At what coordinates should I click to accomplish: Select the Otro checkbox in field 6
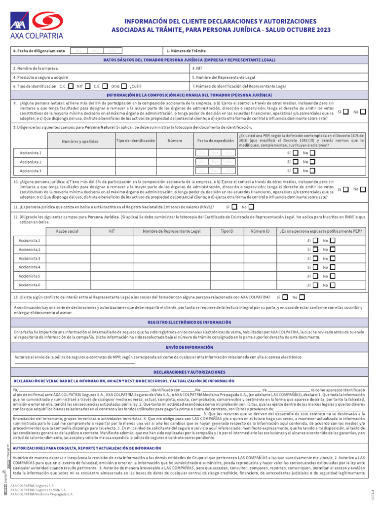click(124, 86)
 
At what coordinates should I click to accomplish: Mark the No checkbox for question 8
click(363, 112)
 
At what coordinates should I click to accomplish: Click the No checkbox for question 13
click(302, 297)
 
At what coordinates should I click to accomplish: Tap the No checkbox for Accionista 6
click(332, 285)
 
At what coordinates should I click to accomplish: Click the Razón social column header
click(67, 231)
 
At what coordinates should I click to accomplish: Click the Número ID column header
click(260, 231)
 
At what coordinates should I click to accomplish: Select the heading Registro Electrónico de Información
click(189, 322)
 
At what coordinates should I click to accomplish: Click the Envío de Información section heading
click(189, 347)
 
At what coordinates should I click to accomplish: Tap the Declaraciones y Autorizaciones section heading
click(189, 372)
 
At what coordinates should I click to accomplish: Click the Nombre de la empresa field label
click(36, 69)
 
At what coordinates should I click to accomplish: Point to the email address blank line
click(74, 363)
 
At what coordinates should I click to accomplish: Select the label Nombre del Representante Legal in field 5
click(224, 77)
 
